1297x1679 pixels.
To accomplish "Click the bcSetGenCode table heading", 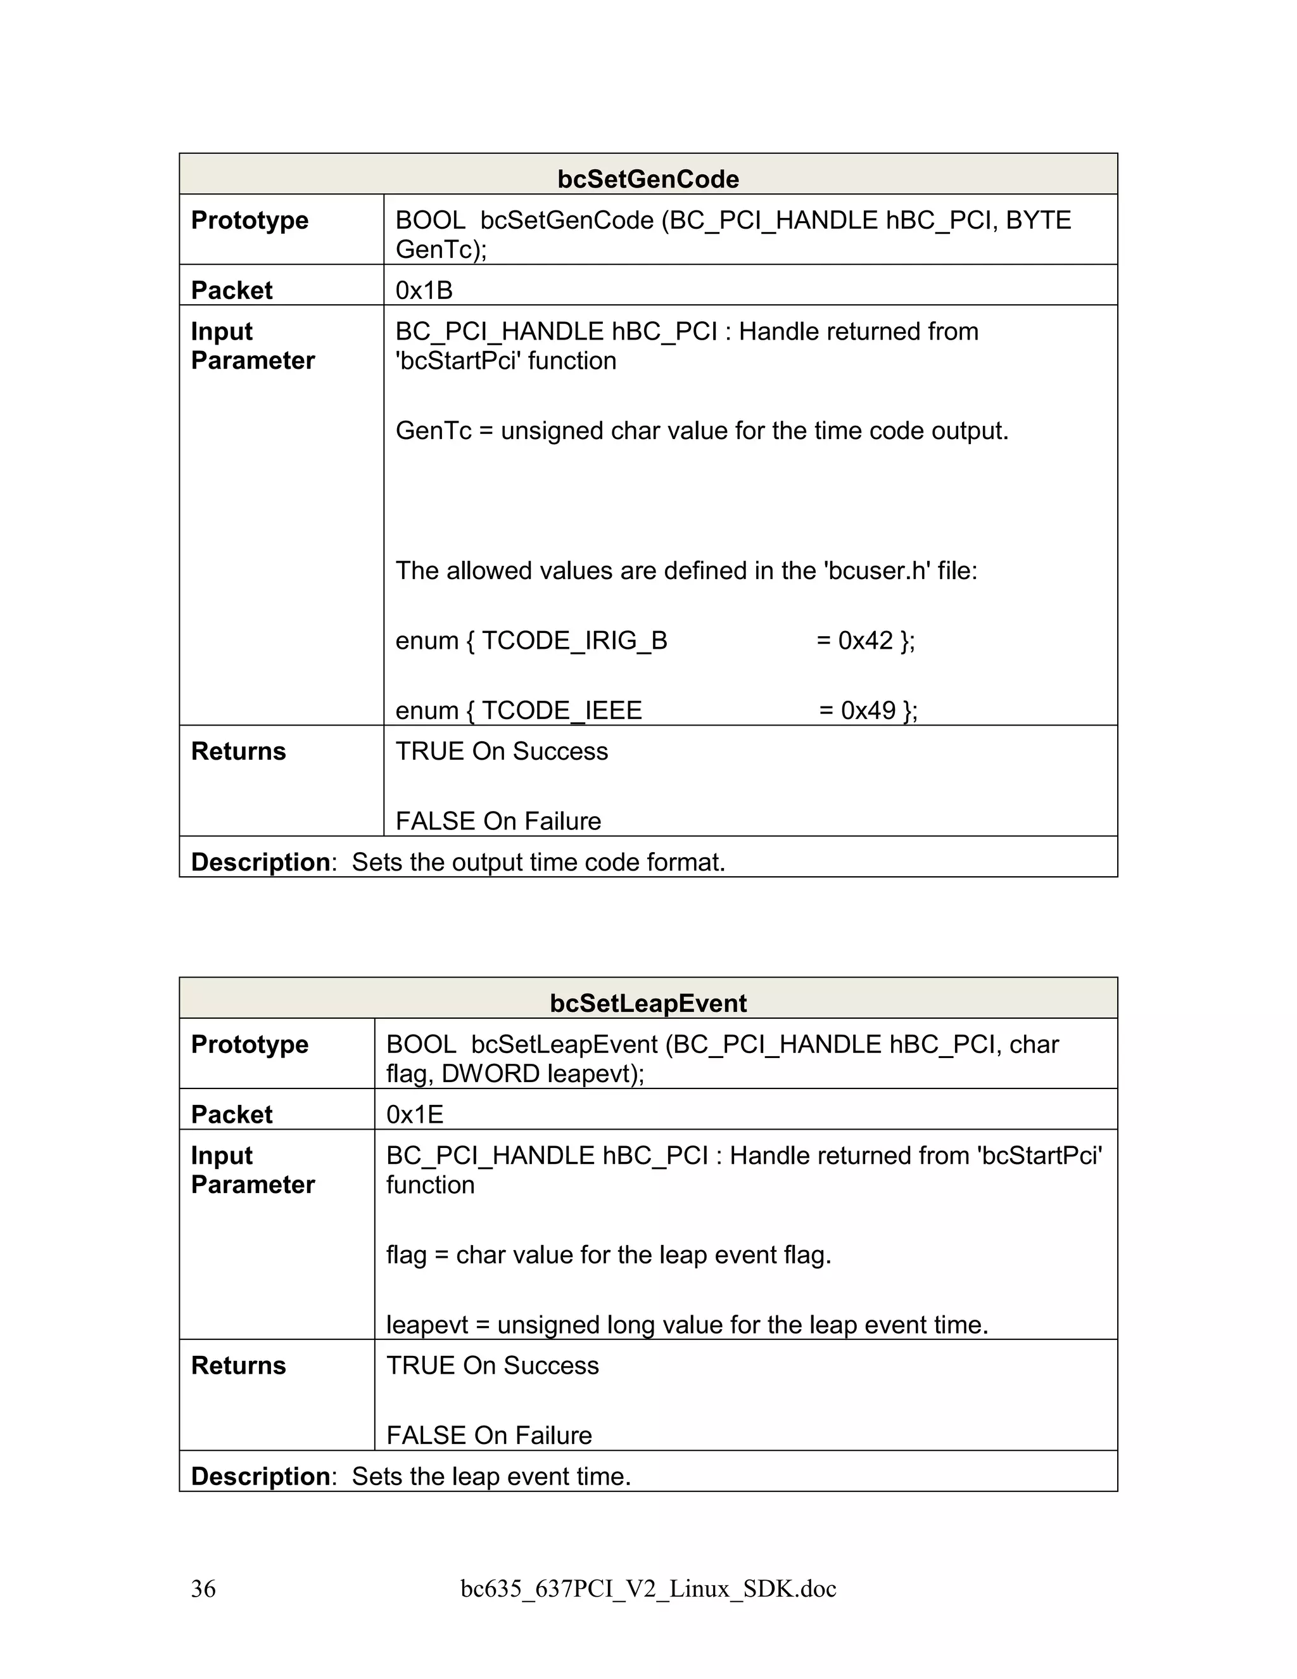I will click(x=648, y=179).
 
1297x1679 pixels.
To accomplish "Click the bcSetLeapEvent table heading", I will click(x=648, y=1003).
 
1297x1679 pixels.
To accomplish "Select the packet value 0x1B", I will click(x=424, y=291).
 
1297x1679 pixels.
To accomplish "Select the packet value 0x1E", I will click(x=414, y=1114).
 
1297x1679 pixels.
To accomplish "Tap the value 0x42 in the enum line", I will click(x=865, y=641).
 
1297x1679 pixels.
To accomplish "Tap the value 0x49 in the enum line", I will click(x=868, y=710).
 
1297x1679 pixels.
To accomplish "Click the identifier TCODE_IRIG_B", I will click(x=574, y=641).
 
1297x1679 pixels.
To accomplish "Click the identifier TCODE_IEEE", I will click(x=561, y=710).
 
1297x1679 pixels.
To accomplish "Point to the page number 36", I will click(x=204, y=1588).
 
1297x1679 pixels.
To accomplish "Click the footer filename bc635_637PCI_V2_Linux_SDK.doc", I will click(x=648, y=1588).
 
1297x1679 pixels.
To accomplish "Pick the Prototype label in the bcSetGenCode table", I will click(x=250, y=220).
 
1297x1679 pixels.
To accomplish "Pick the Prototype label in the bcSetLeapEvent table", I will click(x=250, y=1045).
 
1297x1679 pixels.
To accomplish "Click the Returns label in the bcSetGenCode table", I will click(x=238, y=751).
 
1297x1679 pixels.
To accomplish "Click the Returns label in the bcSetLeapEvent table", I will click(x=238, y=1365).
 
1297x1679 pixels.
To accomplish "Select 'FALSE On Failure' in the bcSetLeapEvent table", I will click(x=489, y=1435).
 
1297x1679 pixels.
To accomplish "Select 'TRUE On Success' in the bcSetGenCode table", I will click(x=501, y=751).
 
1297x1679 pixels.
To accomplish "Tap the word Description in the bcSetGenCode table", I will click(x=260, y=862).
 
